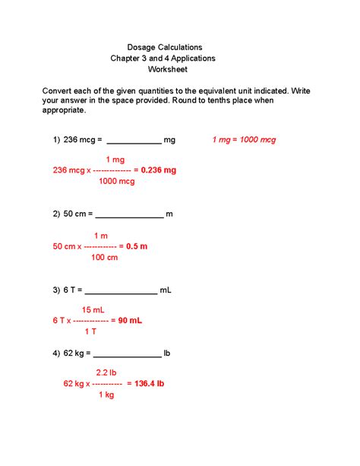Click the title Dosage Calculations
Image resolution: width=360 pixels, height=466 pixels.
click(x=164, y=47)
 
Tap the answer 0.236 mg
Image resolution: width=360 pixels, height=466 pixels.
click(x=158, y=171)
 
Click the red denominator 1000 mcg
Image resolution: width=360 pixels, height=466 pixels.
click(x=115, y=182)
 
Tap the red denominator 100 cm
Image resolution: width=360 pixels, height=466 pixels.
click(x=105, y=258)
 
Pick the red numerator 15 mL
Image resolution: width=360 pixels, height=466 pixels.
click(x=93, y=310)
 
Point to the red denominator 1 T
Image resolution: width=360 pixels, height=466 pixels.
click(x=90, y=331)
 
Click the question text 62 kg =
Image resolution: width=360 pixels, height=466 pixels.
click(x=77, y=353)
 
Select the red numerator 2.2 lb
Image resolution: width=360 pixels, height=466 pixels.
click(x=106, y=372)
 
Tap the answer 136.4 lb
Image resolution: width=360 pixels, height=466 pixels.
click(x=145, y=384)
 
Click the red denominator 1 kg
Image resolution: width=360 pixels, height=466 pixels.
click(x=106, y=395)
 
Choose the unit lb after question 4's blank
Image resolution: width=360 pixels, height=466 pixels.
click(x=167, y=353)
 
